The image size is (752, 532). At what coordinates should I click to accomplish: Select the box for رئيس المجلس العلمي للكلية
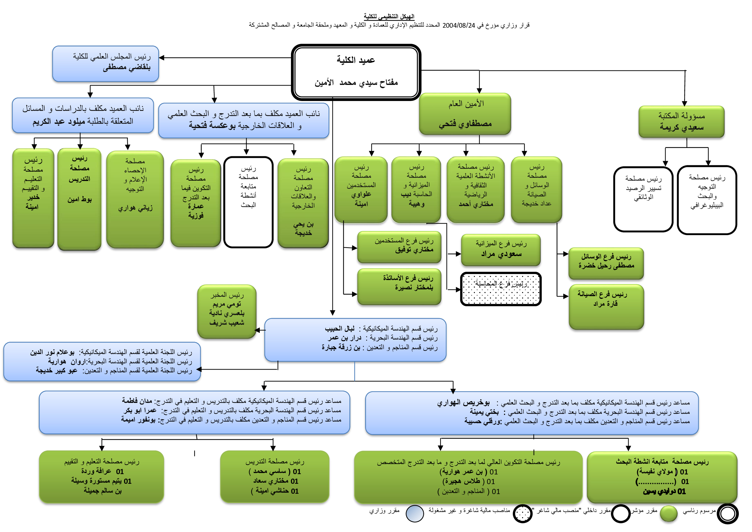click(x=105, y=64)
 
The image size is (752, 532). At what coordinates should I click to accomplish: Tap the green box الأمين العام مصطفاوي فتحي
click(x=465, y=114)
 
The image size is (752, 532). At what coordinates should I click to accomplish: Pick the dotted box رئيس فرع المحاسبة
click(x=501, y=289)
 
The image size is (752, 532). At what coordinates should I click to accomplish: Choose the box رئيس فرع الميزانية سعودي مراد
click(x=501, y=250)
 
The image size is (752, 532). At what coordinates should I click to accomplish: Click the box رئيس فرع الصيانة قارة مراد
click(x=606, y=306)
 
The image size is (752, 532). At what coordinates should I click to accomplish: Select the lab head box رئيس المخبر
click(x=227, y=311)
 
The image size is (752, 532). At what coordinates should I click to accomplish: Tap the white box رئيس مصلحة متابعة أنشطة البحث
click(x=248, y=202)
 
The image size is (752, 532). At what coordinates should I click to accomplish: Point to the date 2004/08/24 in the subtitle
click(x=458, y=25)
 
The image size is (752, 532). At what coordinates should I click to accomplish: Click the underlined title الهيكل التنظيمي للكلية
click(x=389, y=16)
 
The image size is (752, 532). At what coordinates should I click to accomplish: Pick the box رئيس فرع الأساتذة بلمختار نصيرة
click(x=399, y=287)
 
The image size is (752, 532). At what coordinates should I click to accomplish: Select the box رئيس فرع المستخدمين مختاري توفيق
click(x=399, y=247)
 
